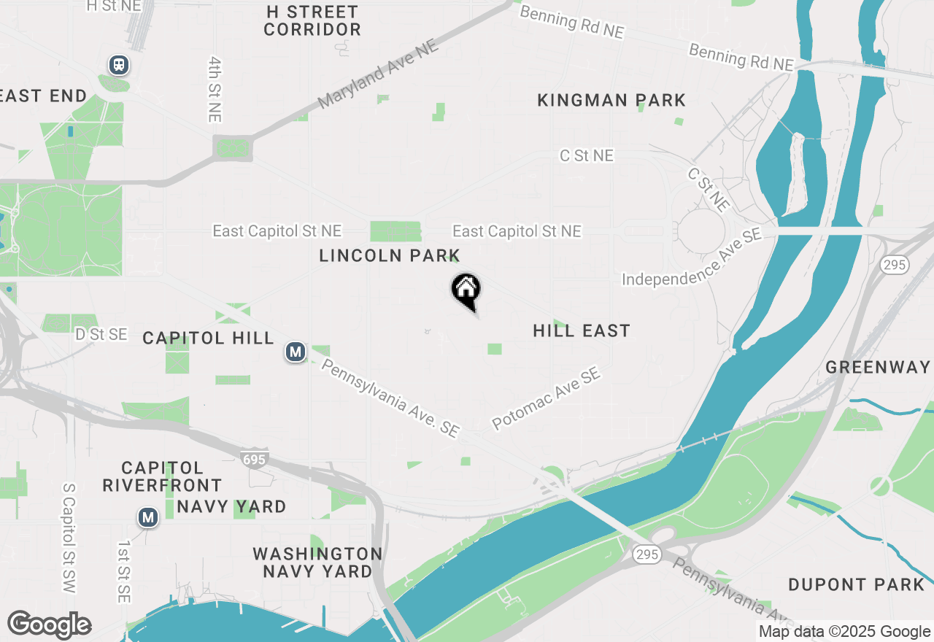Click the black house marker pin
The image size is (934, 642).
click(x=466, y=290)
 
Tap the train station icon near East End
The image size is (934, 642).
click(x=119, y=65)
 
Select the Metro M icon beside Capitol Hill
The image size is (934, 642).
click(x=295, y=352)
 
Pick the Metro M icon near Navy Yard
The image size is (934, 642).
click(x=148, y=518)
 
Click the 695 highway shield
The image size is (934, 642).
click(x=255, y=458)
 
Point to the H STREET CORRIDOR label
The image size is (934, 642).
click(x=312, y=21)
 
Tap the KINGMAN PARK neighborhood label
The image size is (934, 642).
click(x=611, y=100)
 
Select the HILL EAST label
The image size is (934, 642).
click(x=582, y=331)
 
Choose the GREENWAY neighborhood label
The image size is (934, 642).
click(x=879, y=367)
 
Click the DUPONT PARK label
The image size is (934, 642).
click(x=856, y=584)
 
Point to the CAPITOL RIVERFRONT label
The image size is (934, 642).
click(x=162, y=476)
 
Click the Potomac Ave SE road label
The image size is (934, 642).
click(x=546, y=398)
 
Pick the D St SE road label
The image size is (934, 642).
click(x=101, y=335)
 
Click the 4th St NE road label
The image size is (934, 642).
click(x=215, y=90)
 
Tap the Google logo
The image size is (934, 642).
click(x=49, y=625)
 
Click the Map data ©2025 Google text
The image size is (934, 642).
click(x=844, y=632)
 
